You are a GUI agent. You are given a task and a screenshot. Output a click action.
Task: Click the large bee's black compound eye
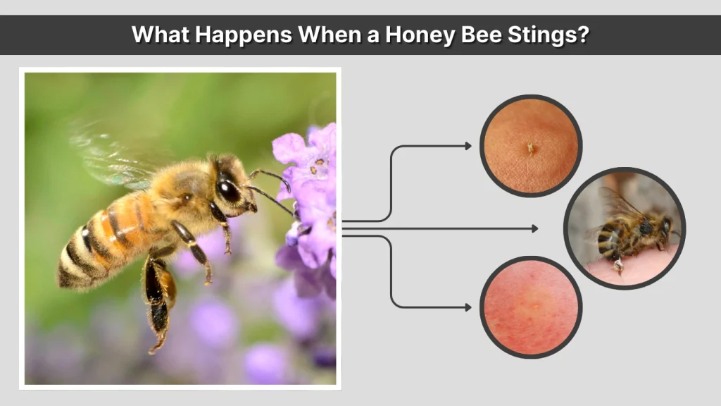[229, 190]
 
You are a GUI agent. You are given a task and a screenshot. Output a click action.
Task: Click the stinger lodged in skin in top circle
[529, 148]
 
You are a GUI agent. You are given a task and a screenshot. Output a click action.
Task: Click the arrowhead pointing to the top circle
[468, 146]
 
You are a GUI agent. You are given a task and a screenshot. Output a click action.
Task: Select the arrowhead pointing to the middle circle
[535, 228]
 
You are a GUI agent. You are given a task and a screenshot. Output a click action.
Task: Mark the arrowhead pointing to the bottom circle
[468, 307]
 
